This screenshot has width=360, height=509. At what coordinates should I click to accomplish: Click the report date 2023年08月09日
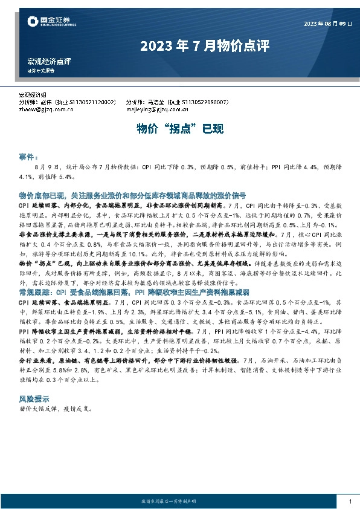pyautogui.click(x=328, y=24)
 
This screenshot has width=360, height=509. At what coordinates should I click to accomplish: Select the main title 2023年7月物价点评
pyautogui.click(x=204, y=46)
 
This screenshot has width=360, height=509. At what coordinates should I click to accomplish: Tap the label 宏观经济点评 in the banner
pyautogui.click(x=49, y=62)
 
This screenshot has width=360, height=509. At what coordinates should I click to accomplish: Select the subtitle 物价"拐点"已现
pyautogui.click(x=179, y=129)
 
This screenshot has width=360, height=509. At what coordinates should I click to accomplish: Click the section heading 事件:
pyautogui.click(x=29, y=155)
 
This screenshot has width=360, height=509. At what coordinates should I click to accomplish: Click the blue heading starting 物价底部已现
pyautogui.click(x=132, y=196)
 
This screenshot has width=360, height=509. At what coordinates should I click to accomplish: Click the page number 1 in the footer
pyautogui.click(x=350, y=502)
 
